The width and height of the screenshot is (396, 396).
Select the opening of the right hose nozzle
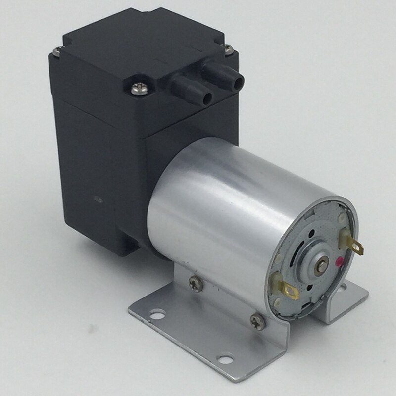[x=240, y=79]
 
